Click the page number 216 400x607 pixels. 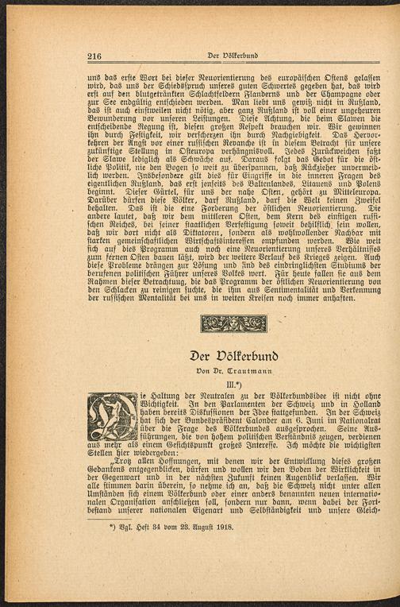tap(94, 56)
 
